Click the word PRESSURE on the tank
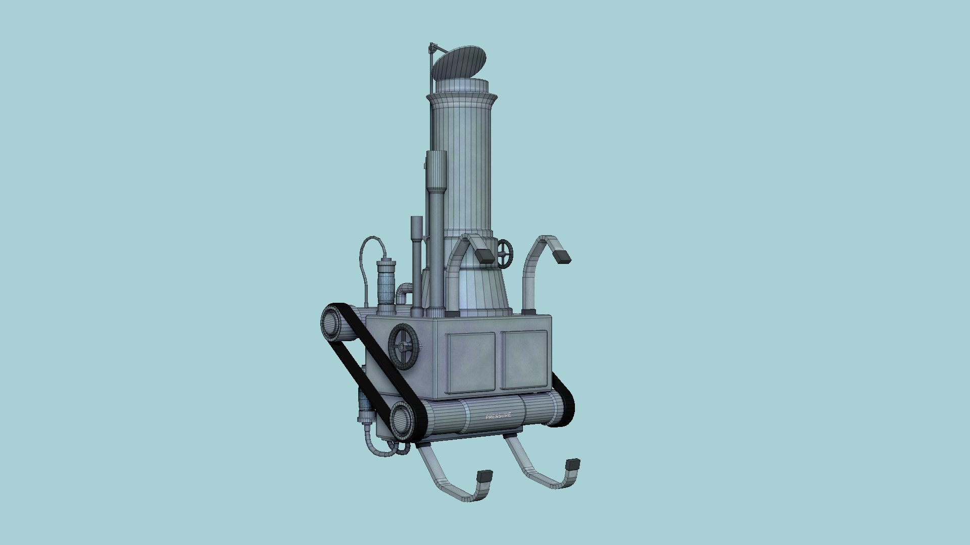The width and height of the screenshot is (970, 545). (498, 416)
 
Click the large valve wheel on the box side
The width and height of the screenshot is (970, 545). (404, 347)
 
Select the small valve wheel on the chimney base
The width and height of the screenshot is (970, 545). (505, 253)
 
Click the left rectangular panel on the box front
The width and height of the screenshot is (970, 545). (471, 362)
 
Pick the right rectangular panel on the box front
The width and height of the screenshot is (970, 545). (524, 359)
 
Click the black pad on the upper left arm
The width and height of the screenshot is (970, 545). (486, 256)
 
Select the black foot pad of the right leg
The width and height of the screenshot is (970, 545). (573, 464)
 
